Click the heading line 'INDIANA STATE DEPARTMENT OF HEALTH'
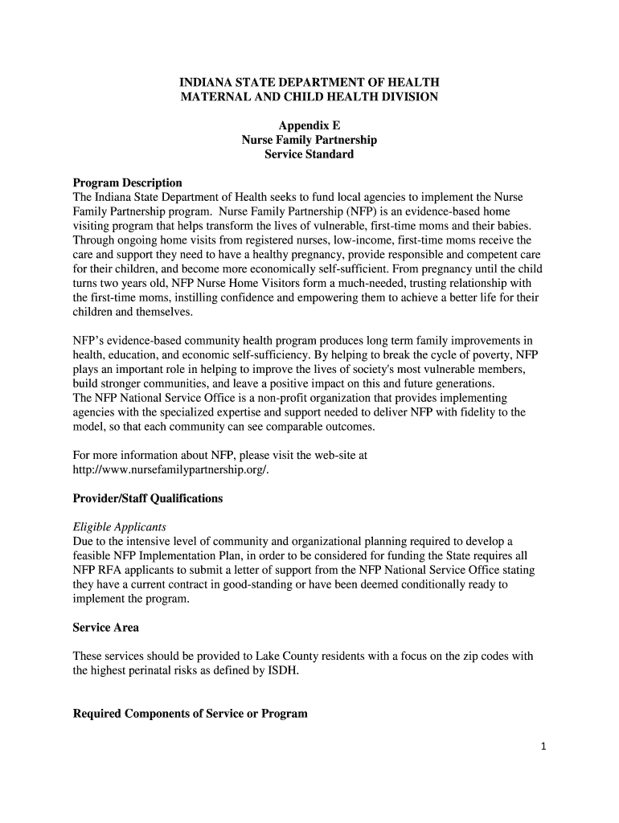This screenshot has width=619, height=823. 309,82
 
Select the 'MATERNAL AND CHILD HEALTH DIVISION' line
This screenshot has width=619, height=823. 309,96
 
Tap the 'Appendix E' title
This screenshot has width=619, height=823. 309,125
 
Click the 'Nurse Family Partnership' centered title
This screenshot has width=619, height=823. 309,140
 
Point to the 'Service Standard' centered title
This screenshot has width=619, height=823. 309,154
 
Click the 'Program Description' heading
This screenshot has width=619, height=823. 127,183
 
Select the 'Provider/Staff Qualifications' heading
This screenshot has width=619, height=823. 148,498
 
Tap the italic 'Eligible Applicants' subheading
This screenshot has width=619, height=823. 120,527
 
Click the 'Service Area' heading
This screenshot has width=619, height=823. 106,627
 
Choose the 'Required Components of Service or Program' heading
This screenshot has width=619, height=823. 190,714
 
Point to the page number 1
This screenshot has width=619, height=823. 543,747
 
